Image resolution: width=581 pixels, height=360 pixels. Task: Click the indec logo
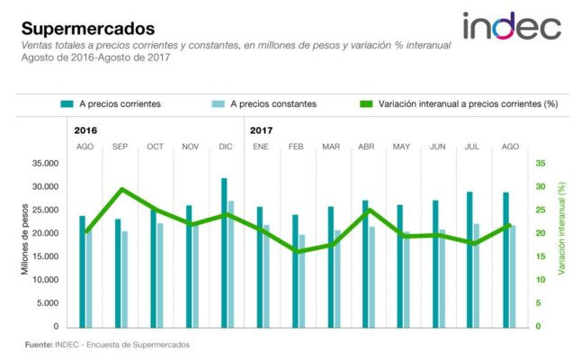tap(512, 25)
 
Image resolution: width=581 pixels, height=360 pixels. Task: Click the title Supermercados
tap(88, 29)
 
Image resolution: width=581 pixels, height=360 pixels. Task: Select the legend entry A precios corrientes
tap(111, 104)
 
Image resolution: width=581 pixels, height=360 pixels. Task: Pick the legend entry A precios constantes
tap(264, 104)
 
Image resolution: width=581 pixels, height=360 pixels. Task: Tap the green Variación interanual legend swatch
tap(366, 104)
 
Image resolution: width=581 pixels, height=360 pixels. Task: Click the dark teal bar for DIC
tap(224, 253)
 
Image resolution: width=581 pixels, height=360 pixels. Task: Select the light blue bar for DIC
tap(231, 265)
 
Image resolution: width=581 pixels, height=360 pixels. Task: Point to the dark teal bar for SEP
tap(118, 274)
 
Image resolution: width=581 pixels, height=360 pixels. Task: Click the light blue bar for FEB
tap(302, 281)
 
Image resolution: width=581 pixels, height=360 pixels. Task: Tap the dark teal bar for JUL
tap(469, 259)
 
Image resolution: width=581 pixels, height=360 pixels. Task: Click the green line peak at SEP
tap(122, 190)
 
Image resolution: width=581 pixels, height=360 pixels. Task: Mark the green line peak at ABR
tap(369, 211)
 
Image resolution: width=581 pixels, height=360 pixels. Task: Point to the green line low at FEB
tap(296, 251)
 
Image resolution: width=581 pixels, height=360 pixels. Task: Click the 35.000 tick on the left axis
tap(45, 164)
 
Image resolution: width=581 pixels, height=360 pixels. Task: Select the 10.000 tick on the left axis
tap(45, 280)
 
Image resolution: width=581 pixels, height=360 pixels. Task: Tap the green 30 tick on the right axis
tap(541, 186)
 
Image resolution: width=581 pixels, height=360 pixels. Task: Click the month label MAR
tap(331, 147)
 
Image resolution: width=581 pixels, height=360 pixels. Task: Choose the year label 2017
tap(261, 130)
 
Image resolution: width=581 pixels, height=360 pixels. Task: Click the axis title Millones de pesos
tap(25, 239)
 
